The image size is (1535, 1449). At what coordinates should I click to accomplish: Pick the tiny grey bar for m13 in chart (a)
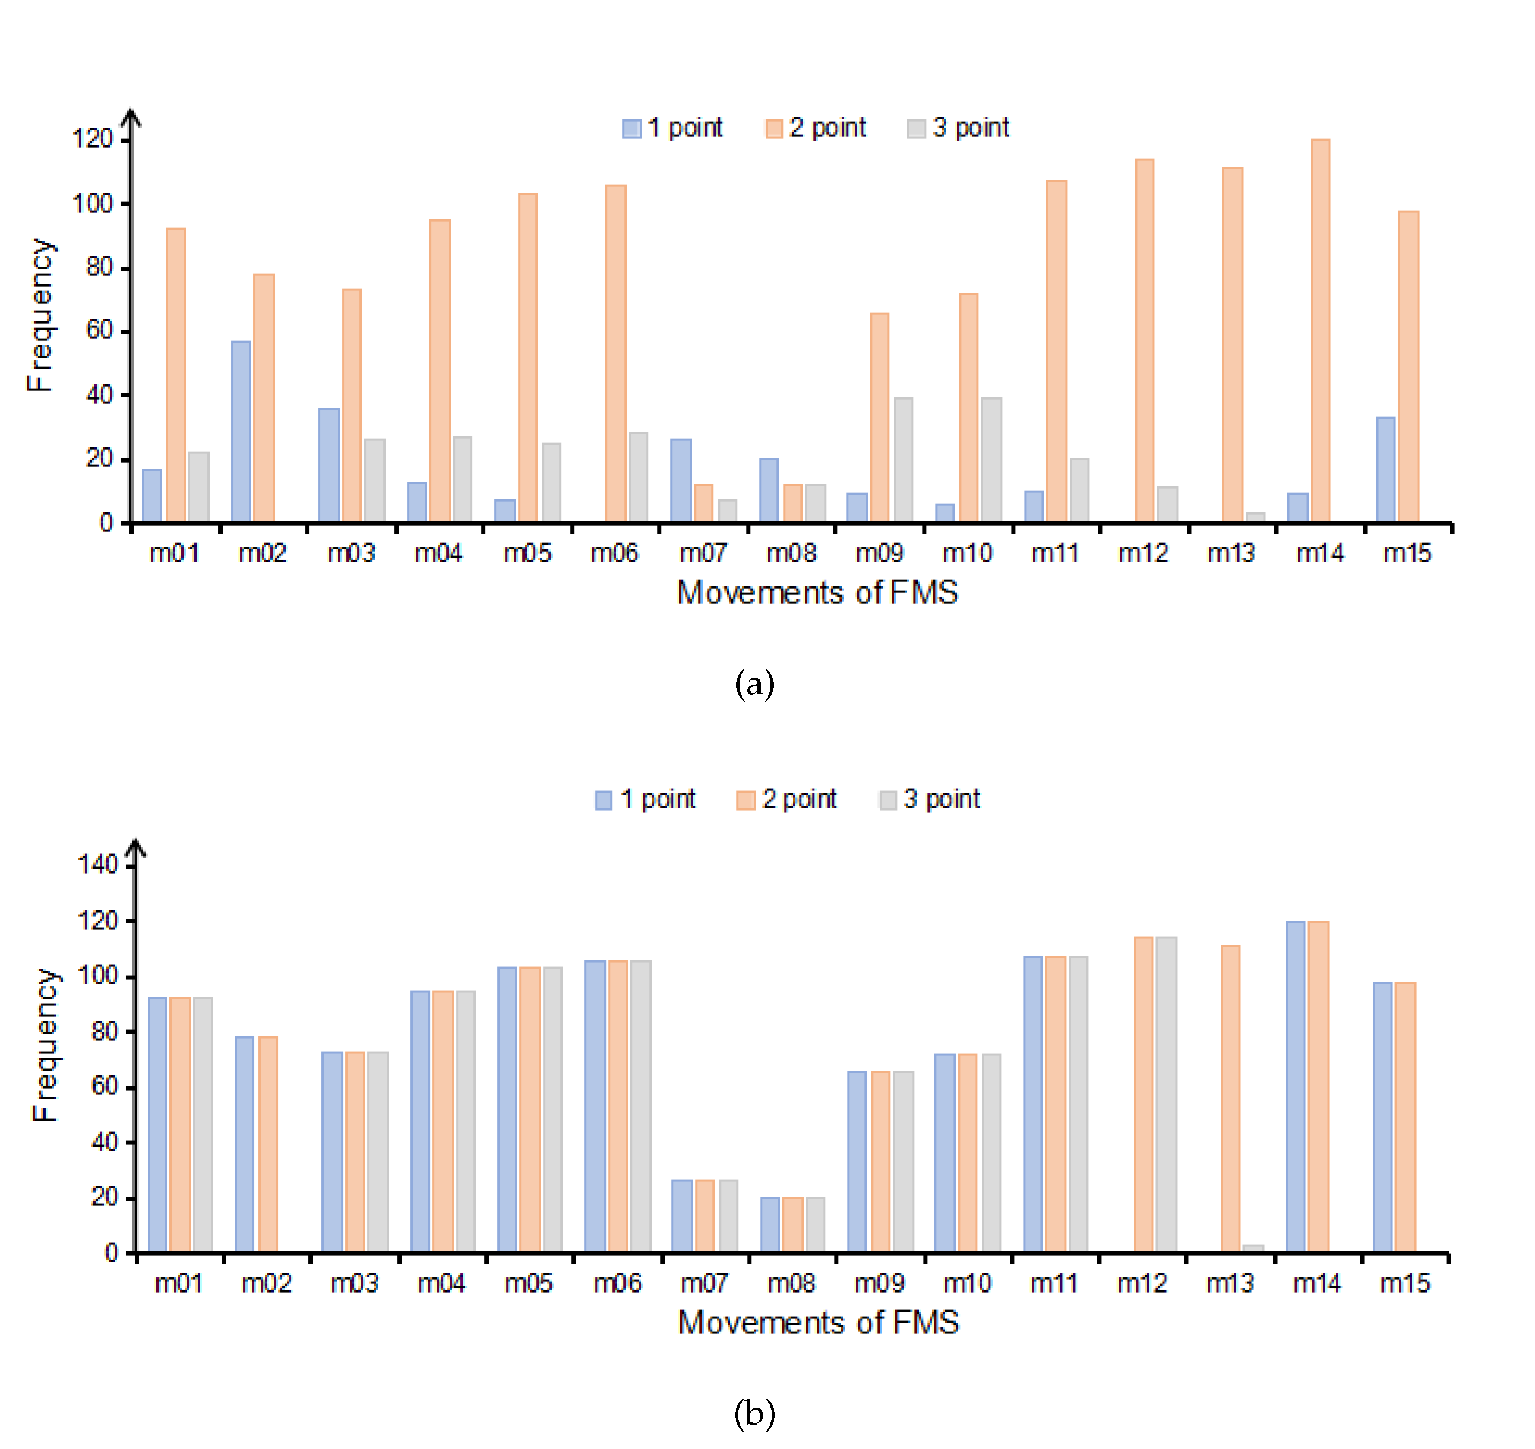point(1255,517)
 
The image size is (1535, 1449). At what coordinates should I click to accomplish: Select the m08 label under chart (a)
point(791,553)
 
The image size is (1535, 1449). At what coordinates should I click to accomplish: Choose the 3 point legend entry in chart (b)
point(930,800)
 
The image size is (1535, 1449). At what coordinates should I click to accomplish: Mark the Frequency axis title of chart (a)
point(40,315)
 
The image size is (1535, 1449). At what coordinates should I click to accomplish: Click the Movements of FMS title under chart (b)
point(818,1323)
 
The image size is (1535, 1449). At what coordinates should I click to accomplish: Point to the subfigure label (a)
point(754,685)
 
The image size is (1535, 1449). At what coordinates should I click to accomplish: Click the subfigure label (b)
point(754,1414)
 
